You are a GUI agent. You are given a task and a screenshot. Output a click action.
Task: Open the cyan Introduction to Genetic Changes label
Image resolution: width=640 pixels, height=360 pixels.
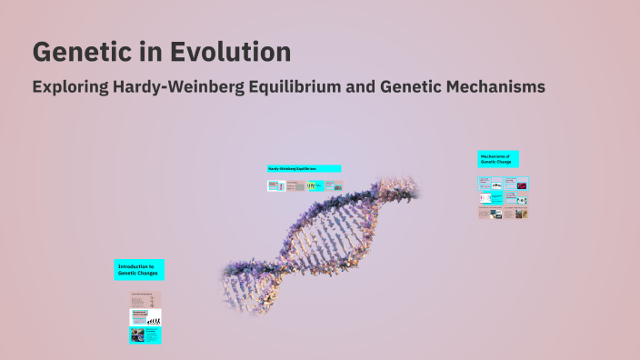tap(139, 270)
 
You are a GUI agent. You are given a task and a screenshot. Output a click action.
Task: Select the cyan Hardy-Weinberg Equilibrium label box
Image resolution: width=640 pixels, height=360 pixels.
tap(304, 169)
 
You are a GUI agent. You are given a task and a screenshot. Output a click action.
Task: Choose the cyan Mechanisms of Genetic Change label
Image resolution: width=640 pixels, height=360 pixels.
tap(498, 160)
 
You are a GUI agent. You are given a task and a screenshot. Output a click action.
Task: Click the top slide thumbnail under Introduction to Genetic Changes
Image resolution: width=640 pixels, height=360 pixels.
tap(145, 300)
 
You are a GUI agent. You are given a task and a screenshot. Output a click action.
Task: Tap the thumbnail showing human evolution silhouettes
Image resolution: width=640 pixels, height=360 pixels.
tap(145, 317)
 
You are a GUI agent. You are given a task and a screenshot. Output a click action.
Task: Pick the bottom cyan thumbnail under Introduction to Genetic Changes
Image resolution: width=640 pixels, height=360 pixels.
tap(145, 335)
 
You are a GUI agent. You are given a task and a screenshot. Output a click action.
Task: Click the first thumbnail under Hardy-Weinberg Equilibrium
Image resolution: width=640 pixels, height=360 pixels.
tap(275, 185)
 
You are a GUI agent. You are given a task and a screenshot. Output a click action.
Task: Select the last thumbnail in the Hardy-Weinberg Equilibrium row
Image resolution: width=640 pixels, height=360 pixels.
tap(334, 185)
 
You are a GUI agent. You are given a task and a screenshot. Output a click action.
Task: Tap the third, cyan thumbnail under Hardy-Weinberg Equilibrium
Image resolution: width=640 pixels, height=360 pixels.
tap(314, 185)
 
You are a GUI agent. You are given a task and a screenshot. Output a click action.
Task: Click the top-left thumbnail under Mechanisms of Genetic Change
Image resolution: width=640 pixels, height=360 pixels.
tap(485, 183)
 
